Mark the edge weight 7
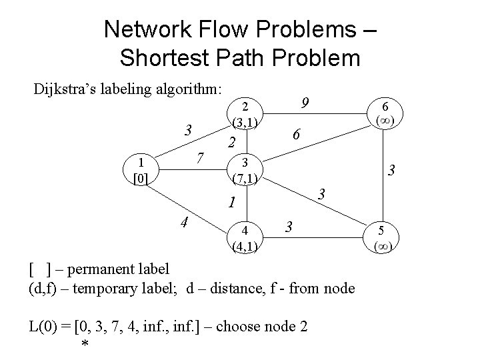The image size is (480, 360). click(x=200, y=159)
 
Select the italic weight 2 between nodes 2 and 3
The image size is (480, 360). click(x=231, y=142)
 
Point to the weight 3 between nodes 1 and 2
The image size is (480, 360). click(x=189, y=129)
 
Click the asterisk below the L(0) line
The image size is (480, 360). click(x=84, y=344)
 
